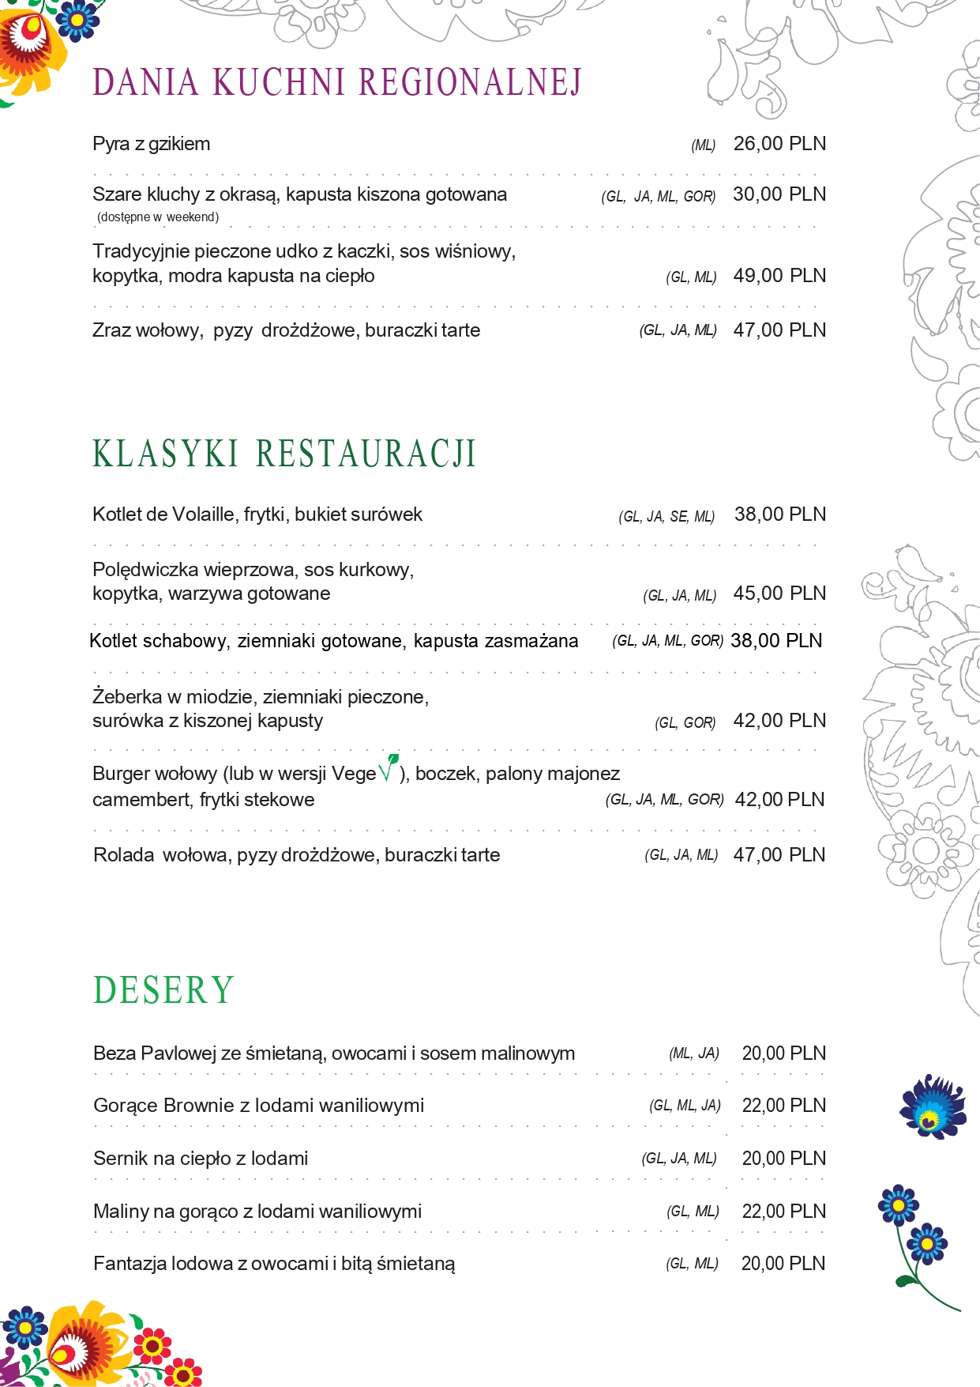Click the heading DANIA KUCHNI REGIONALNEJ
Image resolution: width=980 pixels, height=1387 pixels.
(337, 83)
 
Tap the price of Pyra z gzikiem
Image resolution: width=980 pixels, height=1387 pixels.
(779, 144)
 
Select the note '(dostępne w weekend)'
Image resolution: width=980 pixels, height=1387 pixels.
(158, 217)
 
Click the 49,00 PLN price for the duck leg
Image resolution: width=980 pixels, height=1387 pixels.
(779, 276)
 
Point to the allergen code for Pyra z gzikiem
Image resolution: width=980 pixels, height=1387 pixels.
(703, 145)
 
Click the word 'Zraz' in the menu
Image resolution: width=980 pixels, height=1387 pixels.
(111, 330)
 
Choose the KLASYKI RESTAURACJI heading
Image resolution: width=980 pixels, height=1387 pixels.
(284, 454)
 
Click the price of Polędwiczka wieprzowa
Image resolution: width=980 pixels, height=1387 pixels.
(779, 594)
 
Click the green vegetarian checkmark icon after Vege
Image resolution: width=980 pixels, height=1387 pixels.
(389, 768)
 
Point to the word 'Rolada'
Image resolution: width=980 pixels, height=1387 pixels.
(123, 855)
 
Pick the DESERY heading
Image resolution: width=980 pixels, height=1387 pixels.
(163, 990)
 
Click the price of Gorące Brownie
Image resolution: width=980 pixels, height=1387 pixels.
(783, 1106)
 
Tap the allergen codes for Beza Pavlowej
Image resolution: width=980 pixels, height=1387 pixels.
(694, 1053)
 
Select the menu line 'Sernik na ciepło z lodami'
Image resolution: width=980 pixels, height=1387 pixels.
(201, 1159)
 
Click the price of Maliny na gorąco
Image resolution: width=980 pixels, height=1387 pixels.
(783, 1212)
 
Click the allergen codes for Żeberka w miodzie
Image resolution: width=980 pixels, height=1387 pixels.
(685, 722)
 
